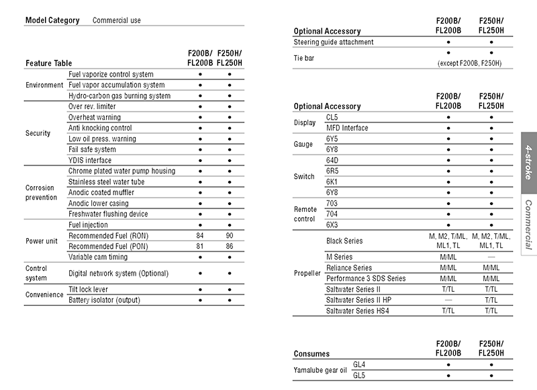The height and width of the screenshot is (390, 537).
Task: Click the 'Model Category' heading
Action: (52, 20)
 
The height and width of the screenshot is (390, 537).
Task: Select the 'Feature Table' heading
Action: (48, 63)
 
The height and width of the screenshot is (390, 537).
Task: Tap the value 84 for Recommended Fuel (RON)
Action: (200, 235)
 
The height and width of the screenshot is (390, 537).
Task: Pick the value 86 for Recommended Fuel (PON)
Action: (229, 246)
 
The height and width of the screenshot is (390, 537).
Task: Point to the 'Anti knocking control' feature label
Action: (100, 128)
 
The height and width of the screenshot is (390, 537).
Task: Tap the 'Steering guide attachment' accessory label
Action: (334, 42)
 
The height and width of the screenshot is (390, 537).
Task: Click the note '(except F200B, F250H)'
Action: (470, 63)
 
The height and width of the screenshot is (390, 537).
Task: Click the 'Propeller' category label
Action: (307, 273)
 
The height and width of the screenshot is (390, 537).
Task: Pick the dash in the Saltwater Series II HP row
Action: (448, 300)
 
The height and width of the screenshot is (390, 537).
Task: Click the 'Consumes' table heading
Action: (311, 353)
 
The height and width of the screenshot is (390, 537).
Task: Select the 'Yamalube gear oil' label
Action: (320, 369)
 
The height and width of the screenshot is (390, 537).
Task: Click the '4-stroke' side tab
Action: (529, 162)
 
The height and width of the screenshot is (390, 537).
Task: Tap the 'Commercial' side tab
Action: (529, 225)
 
